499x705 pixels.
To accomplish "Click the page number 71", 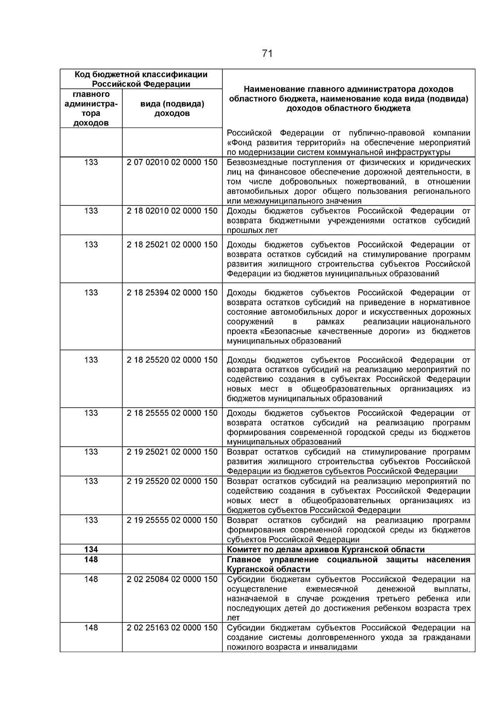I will tap(267, 54).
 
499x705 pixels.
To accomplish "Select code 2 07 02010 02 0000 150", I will tap(172, 162).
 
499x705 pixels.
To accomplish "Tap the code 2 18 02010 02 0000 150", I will tap(172, 211).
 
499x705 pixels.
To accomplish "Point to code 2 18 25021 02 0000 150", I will tap(172, 245).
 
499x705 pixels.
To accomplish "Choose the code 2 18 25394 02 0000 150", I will tap(172, 293).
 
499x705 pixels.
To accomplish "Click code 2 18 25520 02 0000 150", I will tap(172, 360).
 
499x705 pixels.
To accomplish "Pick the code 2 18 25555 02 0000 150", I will tap(172, 413).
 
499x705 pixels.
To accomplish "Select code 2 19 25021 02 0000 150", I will tap(172, 452).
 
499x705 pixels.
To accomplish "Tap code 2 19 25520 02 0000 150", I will tap(172, 481).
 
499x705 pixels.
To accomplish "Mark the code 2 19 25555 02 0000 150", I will tap(172, 520).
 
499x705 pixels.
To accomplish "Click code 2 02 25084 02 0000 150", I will tap(172, 579).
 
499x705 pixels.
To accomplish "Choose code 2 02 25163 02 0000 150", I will tap(172, 628).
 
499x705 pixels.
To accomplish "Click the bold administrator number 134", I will tap(91, 550).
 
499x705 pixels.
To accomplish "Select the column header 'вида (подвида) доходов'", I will tap(172, 108).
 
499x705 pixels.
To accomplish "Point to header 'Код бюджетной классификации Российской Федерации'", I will tap(141, 79).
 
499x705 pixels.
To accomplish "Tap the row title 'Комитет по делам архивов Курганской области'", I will tap(326, 550).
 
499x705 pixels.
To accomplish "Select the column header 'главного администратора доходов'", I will tap(91, 108).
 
